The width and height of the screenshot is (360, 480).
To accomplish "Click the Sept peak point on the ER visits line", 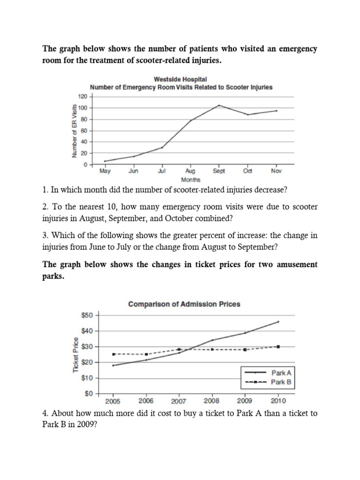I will click(x=219, y=105).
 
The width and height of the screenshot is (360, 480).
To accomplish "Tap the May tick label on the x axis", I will click(x=105, y=172).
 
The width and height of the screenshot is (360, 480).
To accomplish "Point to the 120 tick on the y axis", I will click(x=82, y=97).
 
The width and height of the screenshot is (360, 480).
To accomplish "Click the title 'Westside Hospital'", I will click(x=181, y=80).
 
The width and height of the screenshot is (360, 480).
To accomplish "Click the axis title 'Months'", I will click(x=190, y=180).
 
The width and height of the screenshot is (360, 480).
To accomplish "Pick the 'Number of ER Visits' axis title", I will click(x=74, y=130).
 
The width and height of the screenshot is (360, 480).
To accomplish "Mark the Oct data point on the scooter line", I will click(x=247, y=114).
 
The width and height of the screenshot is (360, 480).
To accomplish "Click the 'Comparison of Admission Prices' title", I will click(x=184, y=304).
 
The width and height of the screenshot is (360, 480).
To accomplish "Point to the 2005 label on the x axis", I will click(x=112, y=401).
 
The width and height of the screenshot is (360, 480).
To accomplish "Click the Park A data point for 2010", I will click(x=278, y=322).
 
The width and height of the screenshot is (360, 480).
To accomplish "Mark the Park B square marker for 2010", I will click(x=278, y=346).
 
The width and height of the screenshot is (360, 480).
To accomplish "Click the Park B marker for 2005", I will click(x=113, y=354).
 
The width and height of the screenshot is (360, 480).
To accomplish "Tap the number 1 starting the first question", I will click(x=45, y=191).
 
